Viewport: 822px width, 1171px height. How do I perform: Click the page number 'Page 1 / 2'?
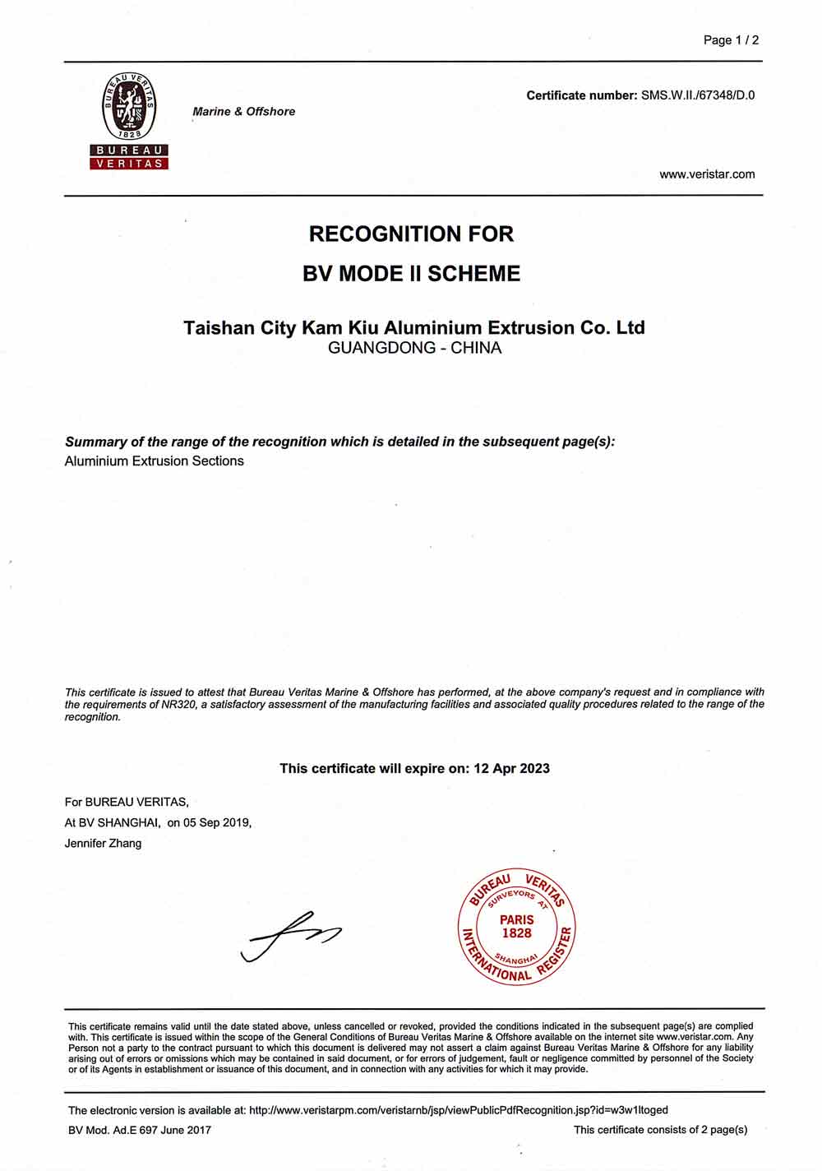pyautogui.click(x=731, y=39)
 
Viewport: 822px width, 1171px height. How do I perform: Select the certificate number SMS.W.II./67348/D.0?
pyautogui.click(x=698, y=95)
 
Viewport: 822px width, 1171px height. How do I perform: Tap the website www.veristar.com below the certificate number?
pyautogui.click(x=707, y=174)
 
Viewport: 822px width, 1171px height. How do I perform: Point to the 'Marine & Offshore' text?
pyautogui.click(x=243, y=111)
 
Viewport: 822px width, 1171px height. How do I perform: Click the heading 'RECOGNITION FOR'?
pyautogui.click(x=411, y=234)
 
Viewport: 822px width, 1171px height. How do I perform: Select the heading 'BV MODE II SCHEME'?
pyautogui.click(x=411, y=273)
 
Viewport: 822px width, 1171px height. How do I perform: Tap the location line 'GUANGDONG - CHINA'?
pyautogui.click(x=414, y=348)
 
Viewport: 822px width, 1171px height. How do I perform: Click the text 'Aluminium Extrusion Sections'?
pyautogui.click(x=155, y=461)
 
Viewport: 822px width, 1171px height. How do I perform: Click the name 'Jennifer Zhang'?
pyautogui.click(x=103, y=843)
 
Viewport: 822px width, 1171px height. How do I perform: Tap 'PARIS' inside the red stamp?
pyautogui.click(x=516, y=919)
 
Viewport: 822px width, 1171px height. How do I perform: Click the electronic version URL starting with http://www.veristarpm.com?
pyautogui.click(x=458, y=1110)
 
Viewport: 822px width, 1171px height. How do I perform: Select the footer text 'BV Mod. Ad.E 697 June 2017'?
pyautogui.click(x=140, y=1130)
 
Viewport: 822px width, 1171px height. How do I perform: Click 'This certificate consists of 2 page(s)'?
pyautogui.click(x=660, y=1130)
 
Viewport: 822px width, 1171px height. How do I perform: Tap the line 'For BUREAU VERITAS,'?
pyautogui.click(x=127, y=801)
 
